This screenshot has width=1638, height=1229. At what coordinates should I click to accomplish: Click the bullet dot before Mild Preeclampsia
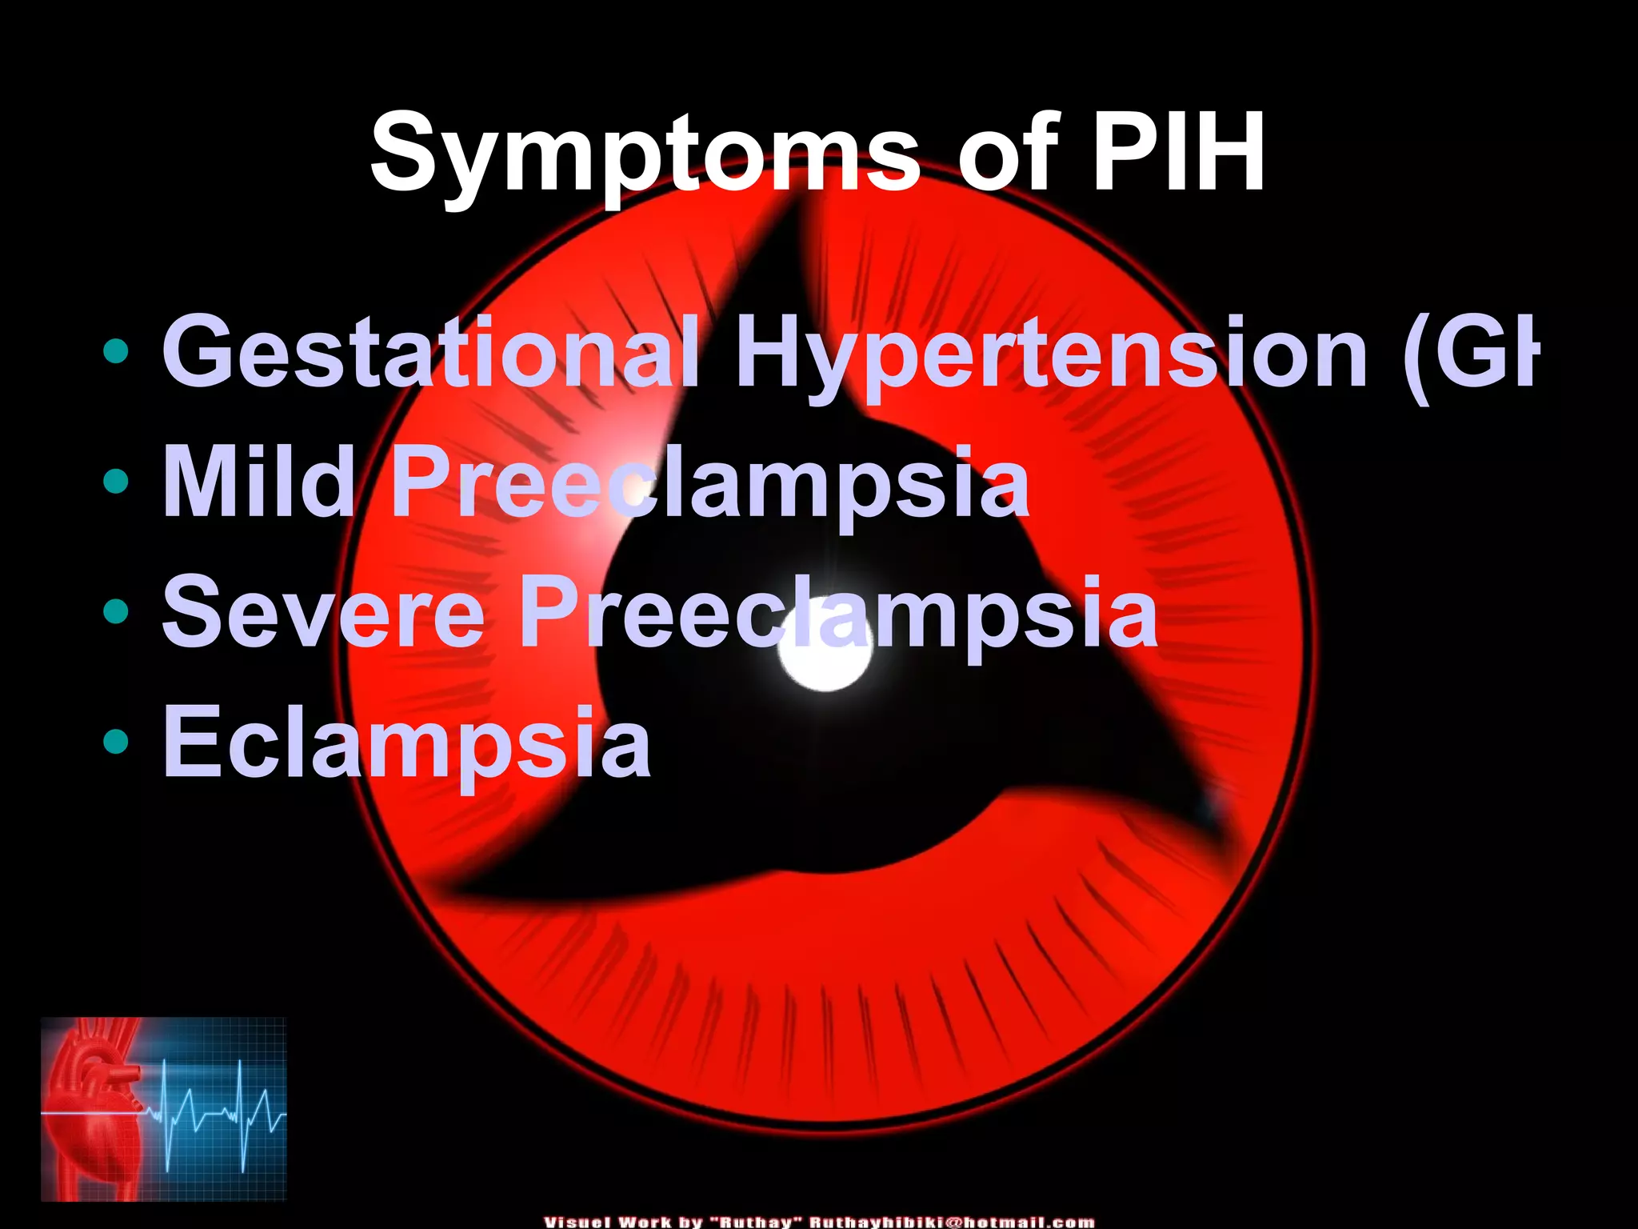[117, 482]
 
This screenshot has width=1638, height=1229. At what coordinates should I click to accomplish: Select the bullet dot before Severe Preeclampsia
[117, 612]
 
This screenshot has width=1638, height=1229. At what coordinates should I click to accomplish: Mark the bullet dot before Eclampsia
[117, 742]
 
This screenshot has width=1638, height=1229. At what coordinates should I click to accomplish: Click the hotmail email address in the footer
[952, 1222]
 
